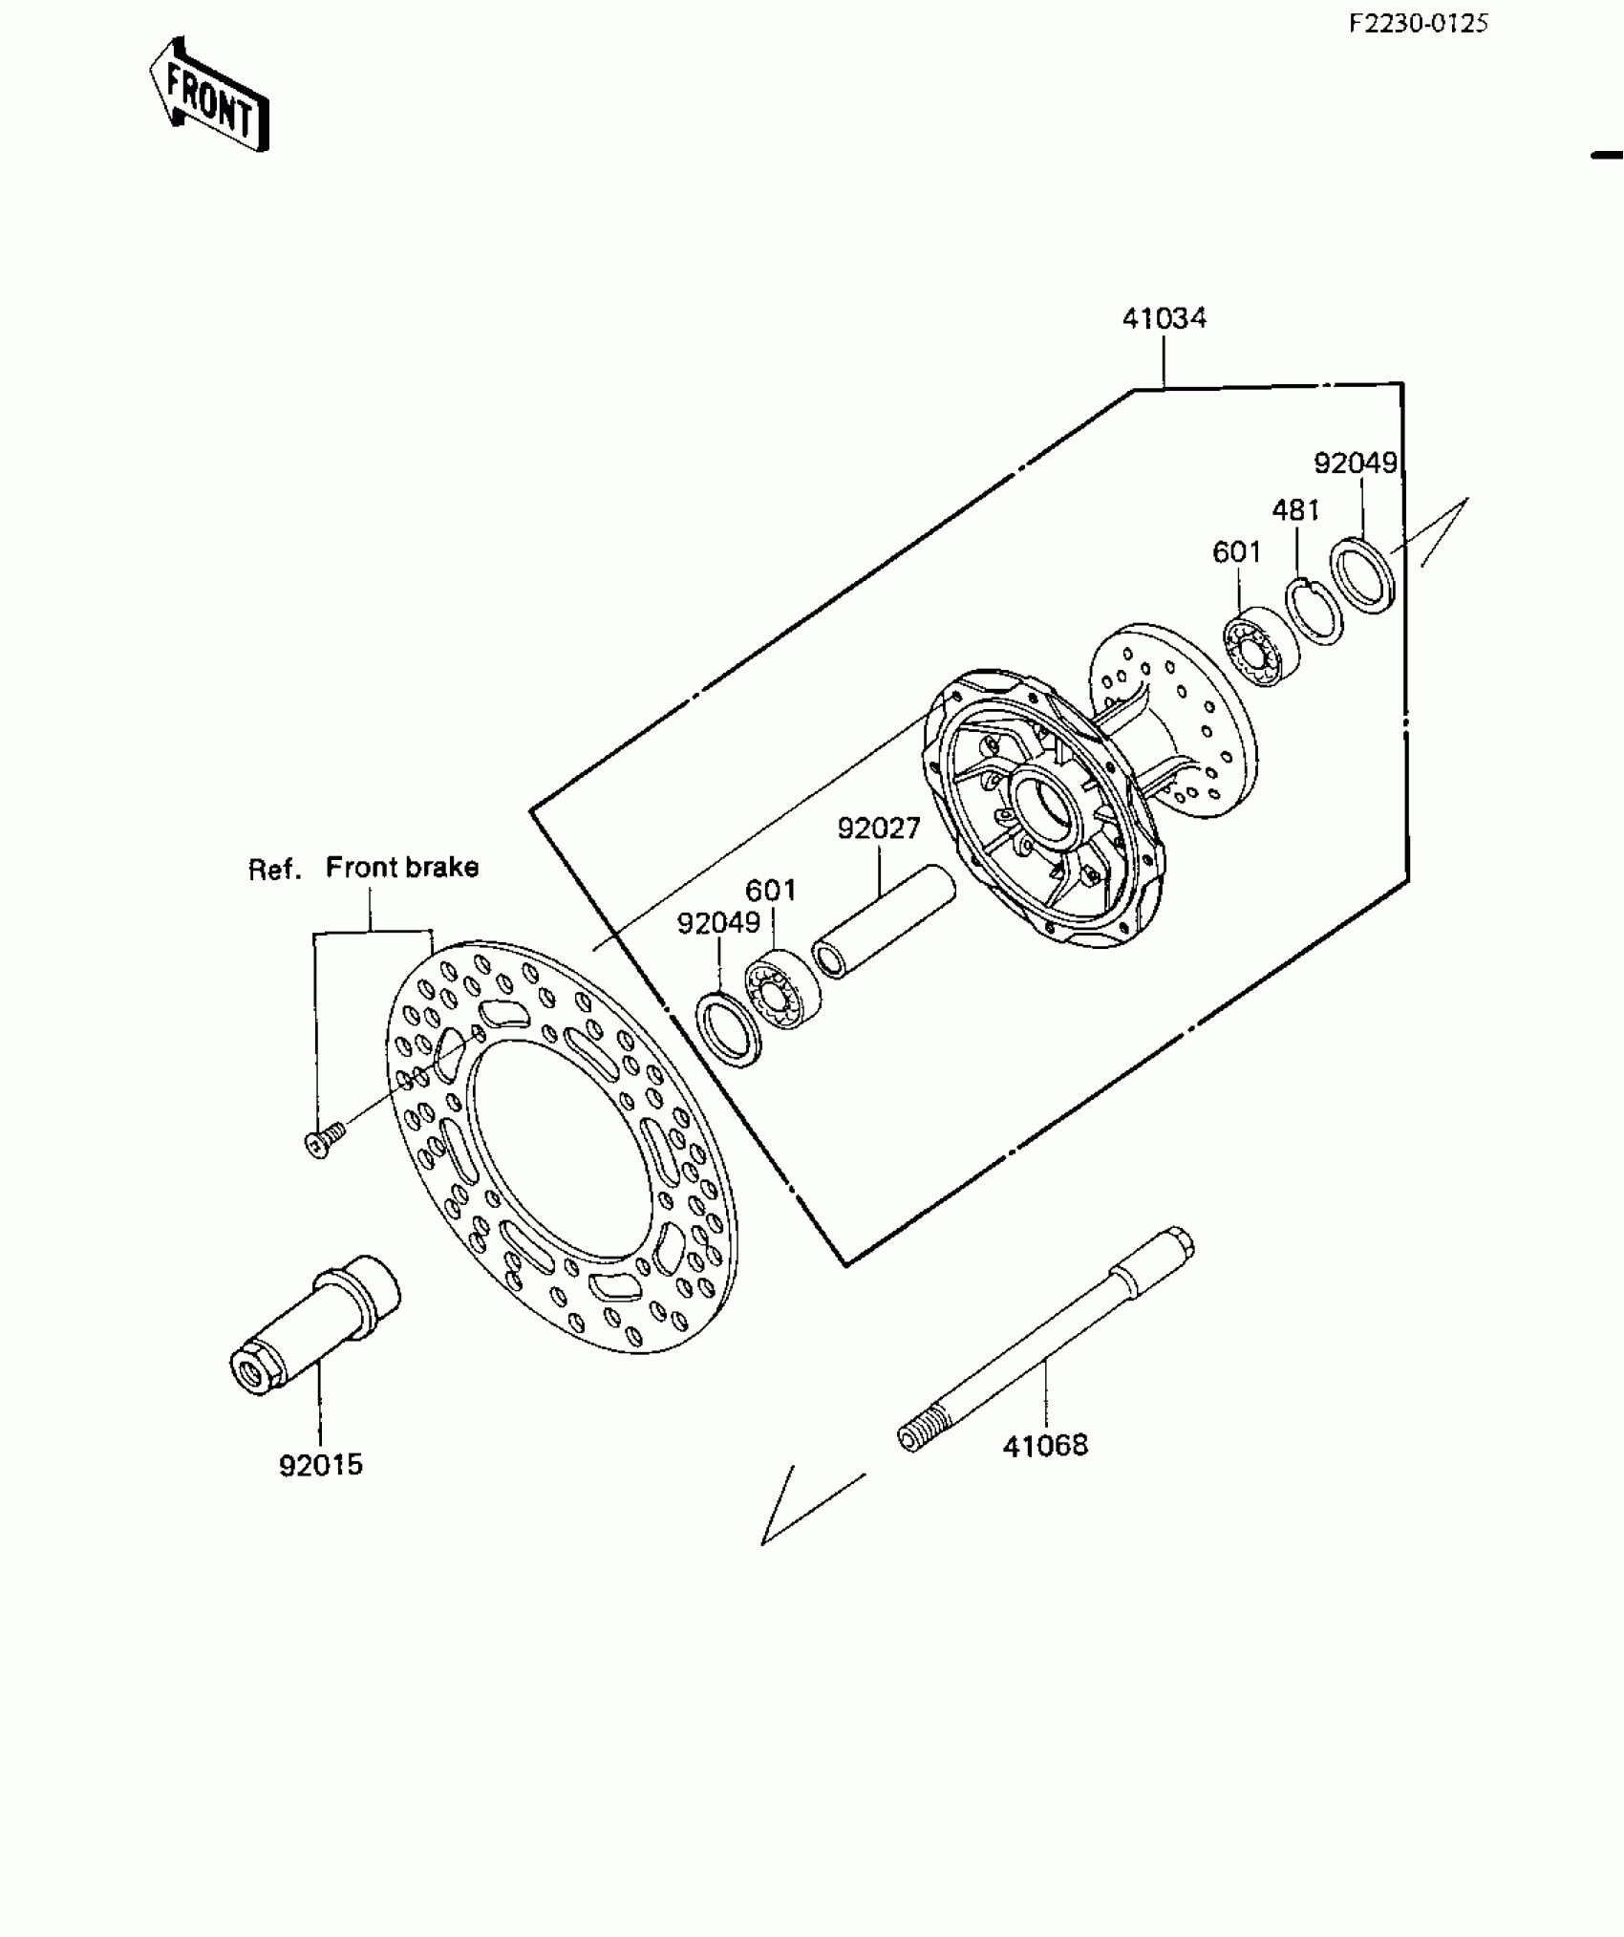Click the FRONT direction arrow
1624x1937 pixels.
coord(208,97)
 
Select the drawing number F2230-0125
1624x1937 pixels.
coord(1418,23)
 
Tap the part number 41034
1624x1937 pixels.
coord(1164,318)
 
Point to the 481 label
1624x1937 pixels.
coord(1295,510)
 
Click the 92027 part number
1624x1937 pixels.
coord(878,828)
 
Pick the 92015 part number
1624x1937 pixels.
coord(321,1492)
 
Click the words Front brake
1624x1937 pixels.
coord(401,867)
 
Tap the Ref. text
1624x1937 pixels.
coord(275,869)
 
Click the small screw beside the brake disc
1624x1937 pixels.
coord(323,1141)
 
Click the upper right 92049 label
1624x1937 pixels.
coord(1355,463)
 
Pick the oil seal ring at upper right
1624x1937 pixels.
coord(1364,575)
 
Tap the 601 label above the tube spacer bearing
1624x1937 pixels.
coord(770,891)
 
